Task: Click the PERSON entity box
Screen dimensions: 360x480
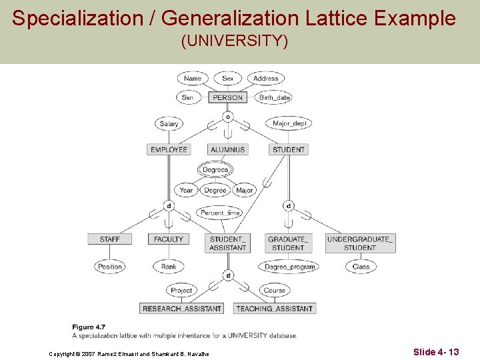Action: (x=228, y=97)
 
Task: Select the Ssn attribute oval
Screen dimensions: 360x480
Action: (x=188, y=97)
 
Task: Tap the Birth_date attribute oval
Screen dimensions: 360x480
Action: (x=275, y=97)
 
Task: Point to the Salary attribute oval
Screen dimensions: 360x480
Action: (x=169, y=123)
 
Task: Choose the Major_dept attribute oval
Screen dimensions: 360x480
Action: (x=291, y=123)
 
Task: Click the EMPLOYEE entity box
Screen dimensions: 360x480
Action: (x=169, y=149)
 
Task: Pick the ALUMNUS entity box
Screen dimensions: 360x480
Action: (x=228, y=149)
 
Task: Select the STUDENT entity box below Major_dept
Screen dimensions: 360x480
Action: (x=289, y=149)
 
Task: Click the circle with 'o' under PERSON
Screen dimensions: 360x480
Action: (x=228, y=117)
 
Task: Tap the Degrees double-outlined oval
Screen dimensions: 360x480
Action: (x=215, y=170)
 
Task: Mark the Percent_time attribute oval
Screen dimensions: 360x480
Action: (x=220, y=213)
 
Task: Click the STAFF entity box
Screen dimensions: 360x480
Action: (x=110, y=239)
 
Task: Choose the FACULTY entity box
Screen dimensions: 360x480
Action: (x=169, y=239)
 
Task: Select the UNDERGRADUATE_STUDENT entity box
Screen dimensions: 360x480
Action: (x=360, y=243)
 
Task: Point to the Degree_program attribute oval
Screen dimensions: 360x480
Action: (x=289, y=267)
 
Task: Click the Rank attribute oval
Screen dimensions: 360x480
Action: (x=169, y=267)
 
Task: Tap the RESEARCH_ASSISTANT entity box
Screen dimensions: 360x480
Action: (x=182, y=309)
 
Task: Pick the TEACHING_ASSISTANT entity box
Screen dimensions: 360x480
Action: (x=274, y=309)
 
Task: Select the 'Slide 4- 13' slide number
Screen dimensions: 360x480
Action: (x=436, y=351)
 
